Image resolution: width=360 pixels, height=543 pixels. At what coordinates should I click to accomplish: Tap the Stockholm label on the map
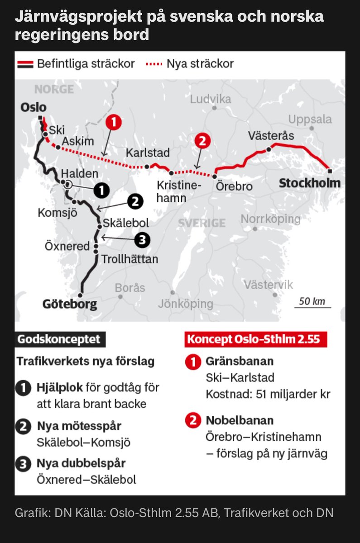point(309,183)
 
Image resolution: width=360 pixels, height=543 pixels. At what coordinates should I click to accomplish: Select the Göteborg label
point(70,304)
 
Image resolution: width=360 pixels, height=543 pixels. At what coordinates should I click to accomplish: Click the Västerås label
point(271,136)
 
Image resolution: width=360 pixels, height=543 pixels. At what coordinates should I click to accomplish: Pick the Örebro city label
point(234,186)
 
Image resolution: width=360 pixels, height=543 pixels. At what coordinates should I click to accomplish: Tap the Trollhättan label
point(130,259)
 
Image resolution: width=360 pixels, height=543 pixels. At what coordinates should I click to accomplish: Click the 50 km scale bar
point(312,307)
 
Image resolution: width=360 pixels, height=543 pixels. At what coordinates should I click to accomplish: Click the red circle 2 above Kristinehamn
point(202,141)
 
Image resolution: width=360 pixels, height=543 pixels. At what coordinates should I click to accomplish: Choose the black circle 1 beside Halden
point(102,191)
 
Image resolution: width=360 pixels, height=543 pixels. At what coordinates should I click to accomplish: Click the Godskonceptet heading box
point(60,339)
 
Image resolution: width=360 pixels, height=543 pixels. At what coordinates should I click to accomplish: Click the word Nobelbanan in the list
point(240,420)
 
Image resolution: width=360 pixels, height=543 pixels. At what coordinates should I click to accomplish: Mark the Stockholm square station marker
point(330,171)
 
